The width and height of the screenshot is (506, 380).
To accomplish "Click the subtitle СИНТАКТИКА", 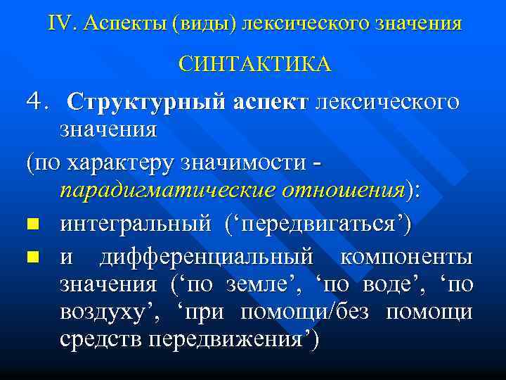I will click(254, 64).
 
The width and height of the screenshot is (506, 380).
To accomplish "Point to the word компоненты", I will click(406, 257).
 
